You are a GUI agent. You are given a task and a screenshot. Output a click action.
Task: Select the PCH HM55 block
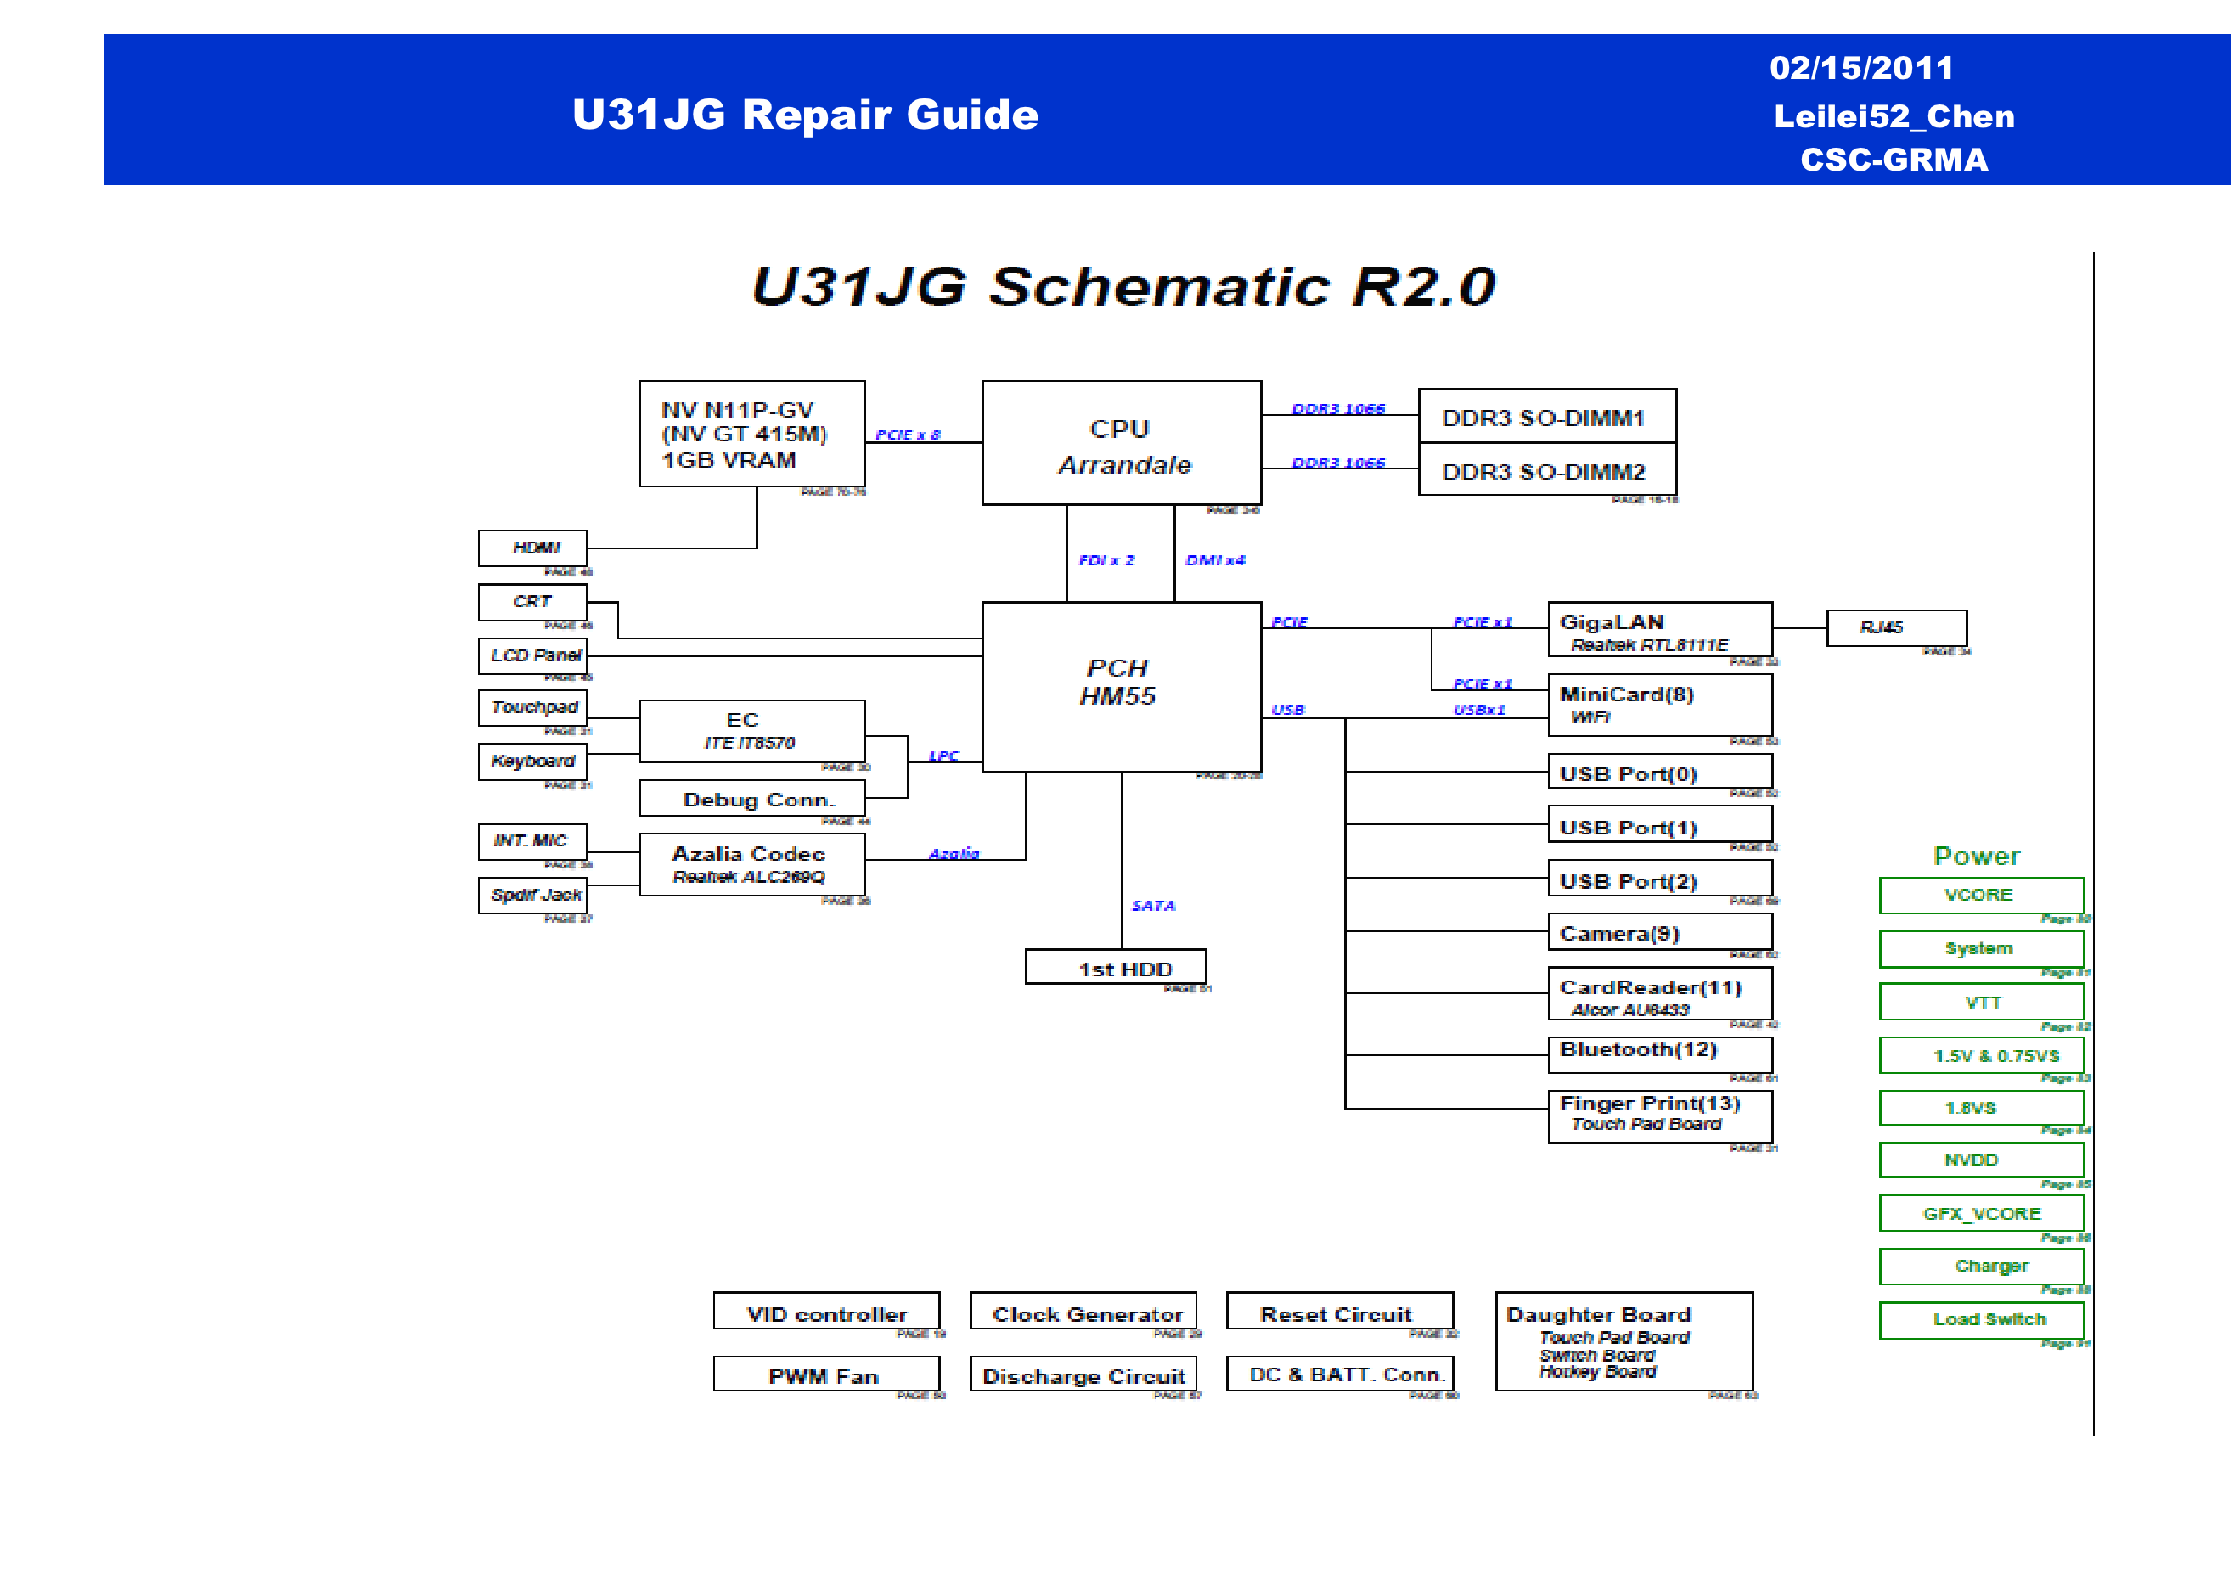pyautogui.click(x=1121, y=685)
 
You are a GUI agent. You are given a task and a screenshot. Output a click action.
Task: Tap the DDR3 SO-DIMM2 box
pyautogui.click(x=1546, y=471)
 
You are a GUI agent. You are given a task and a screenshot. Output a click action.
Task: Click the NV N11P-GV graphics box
pyautogui.click(x=751, y=434)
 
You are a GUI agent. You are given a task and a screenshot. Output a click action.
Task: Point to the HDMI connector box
pyautogui.click(x=532, y=548)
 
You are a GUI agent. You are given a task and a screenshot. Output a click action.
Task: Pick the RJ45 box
pyautogui.click(x=1895, y=627)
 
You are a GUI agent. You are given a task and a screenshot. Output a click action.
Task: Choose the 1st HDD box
pyautogui.click(x=1115, y=968)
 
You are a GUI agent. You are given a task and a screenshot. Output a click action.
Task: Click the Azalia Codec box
pyautogui.click(x=751, y=864)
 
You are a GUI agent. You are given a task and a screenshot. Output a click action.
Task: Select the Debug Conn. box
pyautogui.click(x=751, y=800)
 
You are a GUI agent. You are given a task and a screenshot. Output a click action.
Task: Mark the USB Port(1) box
pyautogui.click(x=1659, y=827)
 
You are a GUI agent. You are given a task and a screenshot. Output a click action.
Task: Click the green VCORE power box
pyautogui.click(x=1980, y=895)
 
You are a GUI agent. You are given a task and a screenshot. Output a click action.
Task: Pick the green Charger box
pyautogui.click(x=1980, y=1266)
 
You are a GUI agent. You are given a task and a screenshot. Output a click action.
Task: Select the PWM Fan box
pyautogui.click(x=825, y=1374)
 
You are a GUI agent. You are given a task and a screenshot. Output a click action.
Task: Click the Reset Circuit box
pyautogui.click(x=1339, y=1312)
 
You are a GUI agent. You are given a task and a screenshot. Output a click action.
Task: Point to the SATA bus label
pyautogui.click(x=1153, y=906)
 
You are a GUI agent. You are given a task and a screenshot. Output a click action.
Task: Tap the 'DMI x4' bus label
pyautogui.click(x=1214, y=560)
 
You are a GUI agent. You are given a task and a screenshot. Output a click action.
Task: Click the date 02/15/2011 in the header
pyautogui.click(x=1860, y=68)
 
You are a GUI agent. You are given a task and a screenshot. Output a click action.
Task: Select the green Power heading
pyautogui.click(x=1976, y=857)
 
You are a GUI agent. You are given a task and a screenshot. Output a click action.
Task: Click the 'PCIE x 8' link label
pyautogui.click(x=907, y=435)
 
